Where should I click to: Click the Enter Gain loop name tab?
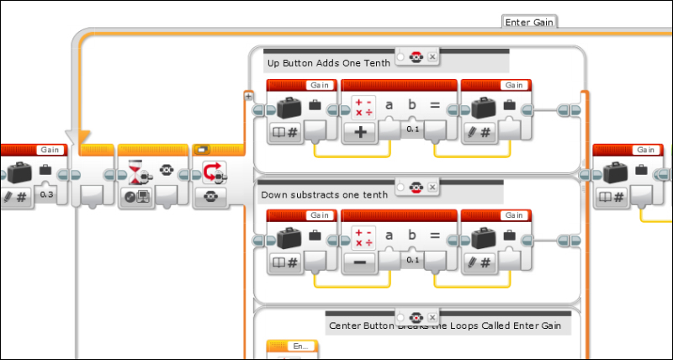[530, 22]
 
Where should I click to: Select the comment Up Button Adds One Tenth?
[323, 63]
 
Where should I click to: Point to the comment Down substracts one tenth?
[324, 194]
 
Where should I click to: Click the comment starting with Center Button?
[449, 326]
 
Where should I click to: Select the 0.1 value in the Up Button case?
[413, 129]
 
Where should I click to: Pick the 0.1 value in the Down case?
[413, 260]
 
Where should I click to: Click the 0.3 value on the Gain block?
[47, 195]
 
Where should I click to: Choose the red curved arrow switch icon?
[212, 173]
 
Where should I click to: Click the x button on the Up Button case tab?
[432, 56]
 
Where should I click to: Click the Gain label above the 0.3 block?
[51, 150]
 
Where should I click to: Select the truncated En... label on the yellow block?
[300, 346]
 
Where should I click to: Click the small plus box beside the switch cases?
[248, 96]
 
